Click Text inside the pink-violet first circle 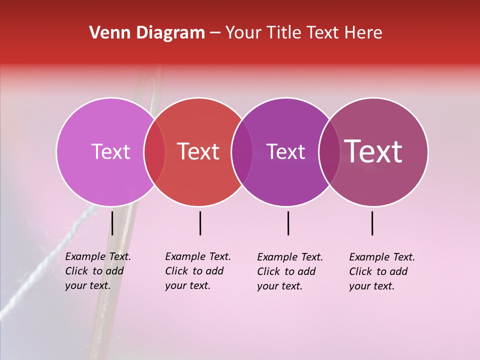[110, 151]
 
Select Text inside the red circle [198, 151]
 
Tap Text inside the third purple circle [285, 151]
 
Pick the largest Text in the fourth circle [373, 151]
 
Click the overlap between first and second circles [154, 151]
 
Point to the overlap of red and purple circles [242, 151]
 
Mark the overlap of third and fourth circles [329, 151]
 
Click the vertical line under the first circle [112, 223]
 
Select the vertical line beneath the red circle [200, 223]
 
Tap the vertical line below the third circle [288, 223]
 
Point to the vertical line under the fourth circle [372, 223]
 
